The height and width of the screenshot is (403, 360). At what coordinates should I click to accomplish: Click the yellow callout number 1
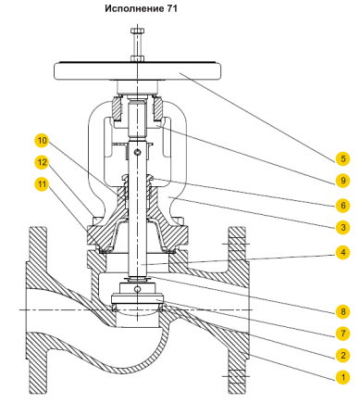[x=342, y=377]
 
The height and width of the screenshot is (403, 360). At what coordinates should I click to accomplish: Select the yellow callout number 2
[x=342, y=355]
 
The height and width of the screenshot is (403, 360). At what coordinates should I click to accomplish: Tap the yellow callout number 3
[x=342, y=228]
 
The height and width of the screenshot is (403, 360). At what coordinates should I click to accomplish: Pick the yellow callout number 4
[x=342, y=253]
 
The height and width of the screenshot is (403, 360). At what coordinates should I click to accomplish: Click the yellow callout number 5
[x=342, y=159]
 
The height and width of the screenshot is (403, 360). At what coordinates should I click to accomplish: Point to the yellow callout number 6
[x=342, y=206]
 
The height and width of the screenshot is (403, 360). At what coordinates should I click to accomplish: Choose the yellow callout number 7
[x=342, y=334]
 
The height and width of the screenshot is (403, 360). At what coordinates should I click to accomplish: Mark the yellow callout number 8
[x=342, y=311]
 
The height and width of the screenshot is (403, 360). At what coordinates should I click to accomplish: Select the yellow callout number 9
[x=342, y=181]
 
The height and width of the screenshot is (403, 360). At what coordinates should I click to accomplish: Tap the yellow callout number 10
[x=42, y=141]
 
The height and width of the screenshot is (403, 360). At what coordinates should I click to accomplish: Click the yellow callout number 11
[x=42, y=184]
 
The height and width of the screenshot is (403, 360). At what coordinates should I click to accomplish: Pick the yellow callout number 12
[x=42, y=162]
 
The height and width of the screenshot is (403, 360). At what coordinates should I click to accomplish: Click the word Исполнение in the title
[x=133, y=8]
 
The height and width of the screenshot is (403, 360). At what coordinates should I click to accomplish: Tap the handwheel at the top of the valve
[x=138, y=71]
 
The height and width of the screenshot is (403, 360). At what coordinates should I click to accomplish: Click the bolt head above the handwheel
[x=138, y=31]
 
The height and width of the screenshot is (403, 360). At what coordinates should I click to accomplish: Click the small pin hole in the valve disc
[x=138, y=289]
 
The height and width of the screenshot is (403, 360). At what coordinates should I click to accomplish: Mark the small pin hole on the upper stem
[x=138, y=152]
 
